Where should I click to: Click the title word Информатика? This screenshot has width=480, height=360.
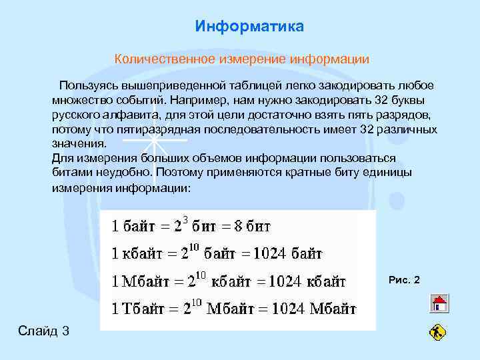pos(249,27)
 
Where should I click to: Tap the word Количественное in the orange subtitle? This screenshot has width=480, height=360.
pos(156,59)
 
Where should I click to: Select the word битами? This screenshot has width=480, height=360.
pos(69,172)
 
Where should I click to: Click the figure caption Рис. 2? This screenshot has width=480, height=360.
pos(404,279)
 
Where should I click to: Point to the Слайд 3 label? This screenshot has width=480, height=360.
pos(44,331)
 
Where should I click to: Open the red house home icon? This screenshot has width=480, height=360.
pos(439,304)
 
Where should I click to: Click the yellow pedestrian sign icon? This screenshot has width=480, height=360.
pos(438,331)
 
